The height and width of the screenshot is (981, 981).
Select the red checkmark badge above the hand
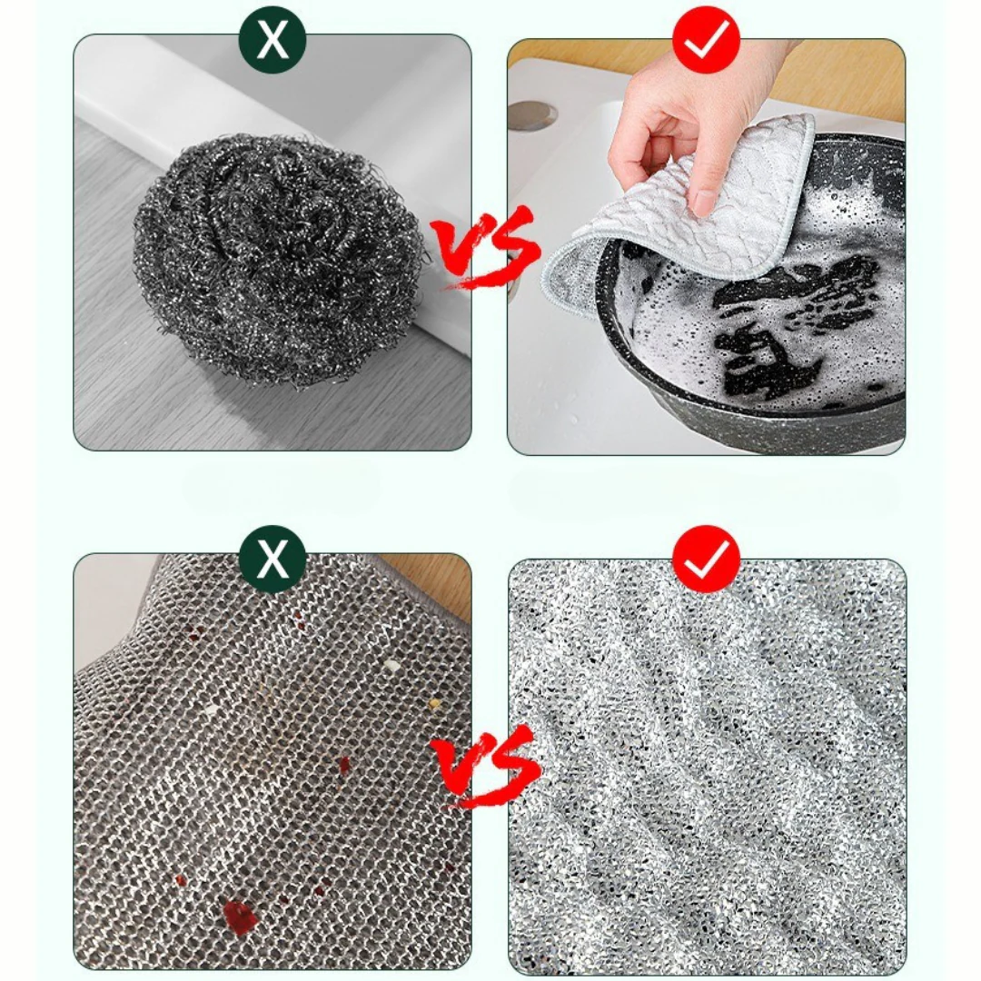tap(706, 39)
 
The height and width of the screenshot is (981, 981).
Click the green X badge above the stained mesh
tap(272, 559)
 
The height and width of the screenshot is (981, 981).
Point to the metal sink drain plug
tap(532, 114)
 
